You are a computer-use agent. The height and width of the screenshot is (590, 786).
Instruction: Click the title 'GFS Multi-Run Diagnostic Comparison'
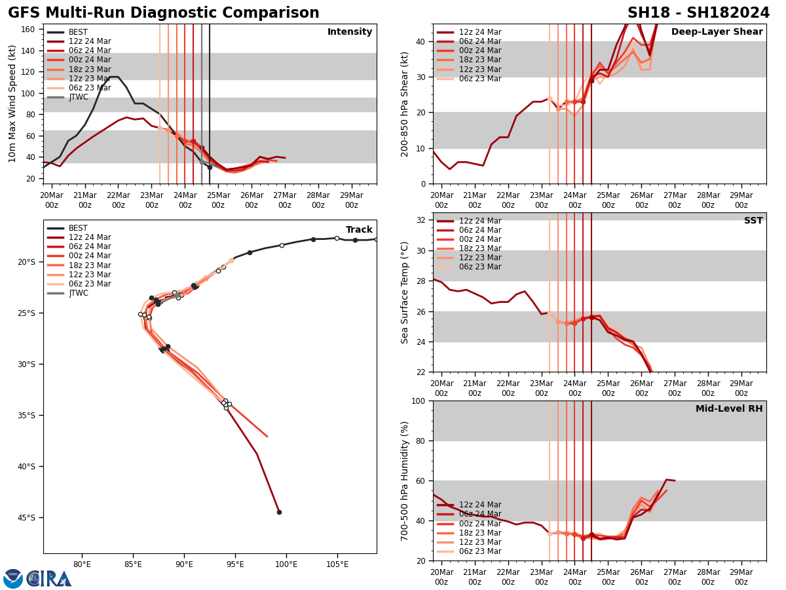164,13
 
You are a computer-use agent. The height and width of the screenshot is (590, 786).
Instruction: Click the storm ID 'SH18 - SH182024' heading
698,13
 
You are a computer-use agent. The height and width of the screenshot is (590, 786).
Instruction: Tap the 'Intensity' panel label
350,32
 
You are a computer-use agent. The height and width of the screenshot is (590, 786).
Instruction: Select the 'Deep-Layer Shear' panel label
717,32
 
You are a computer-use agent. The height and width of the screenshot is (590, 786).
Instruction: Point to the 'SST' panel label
753,221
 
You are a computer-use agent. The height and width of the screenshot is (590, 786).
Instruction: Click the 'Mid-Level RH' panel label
729,409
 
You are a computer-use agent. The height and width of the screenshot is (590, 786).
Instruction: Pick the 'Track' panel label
359,230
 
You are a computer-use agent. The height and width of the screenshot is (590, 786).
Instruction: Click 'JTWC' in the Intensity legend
79,97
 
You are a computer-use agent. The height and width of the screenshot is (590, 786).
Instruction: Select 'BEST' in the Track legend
78,228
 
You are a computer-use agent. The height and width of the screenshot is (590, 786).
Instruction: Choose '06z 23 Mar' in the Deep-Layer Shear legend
480,79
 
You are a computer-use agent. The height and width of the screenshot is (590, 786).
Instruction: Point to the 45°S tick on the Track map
27,518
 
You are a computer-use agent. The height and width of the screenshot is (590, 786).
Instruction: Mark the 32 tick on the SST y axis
422,220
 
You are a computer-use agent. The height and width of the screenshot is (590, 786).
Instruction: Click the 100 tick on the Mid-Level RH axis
419,401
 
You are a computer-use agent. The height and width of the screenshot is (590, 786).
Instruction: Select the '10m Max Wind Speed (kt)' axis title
12,104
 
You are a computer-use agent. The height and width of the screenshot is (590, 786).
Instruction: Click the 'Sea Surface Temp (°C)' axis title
405,292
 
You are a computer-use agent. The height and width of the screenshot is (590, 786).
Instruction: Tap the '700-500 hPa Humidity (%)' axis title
405,481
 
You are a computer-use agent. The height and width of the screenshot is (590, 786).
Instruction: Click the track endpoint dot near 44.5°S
279,512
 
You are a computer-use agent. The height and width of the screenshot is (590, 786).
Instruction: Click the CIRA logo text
50,579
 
